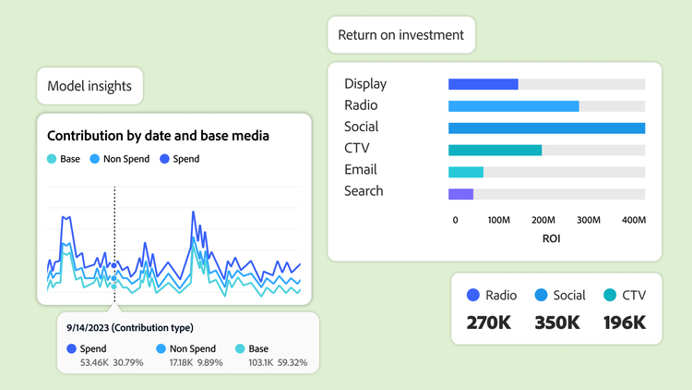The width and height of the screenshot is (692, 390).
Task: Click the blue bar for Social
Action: point(546,128)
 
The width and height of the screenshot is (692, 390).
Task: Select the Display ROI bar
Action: point(483,84)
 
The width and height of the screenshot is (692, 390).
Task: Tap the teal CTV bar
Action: point(495,149)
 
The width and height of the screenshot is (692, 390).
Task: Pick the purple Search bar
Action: point(460,193)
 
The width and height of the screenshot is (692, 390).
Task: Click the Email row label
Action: point(361,170)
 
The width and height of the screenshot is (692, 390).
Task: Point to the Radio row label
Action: point(361,105)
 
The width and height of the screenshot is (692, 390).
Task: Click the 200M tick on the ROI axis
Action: point(543,220)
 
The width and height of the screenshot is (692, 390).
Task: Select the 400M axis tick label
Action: point(634,220)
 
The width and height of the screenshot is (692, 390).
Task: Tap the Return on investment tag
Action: point(401,35)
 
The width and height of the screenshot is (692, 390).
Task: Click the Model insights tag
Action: point(89,87)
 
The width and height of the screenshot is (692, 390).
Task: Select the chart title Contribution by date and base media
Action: point(158,136)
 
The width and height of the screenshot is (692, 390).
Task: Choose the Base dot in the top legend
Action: point(52,159)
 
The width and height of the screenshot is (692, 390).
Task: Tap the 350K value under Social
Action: point(556,323)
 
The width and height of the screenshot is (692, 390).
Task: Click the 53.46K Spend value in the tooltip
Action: point(94,361)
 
